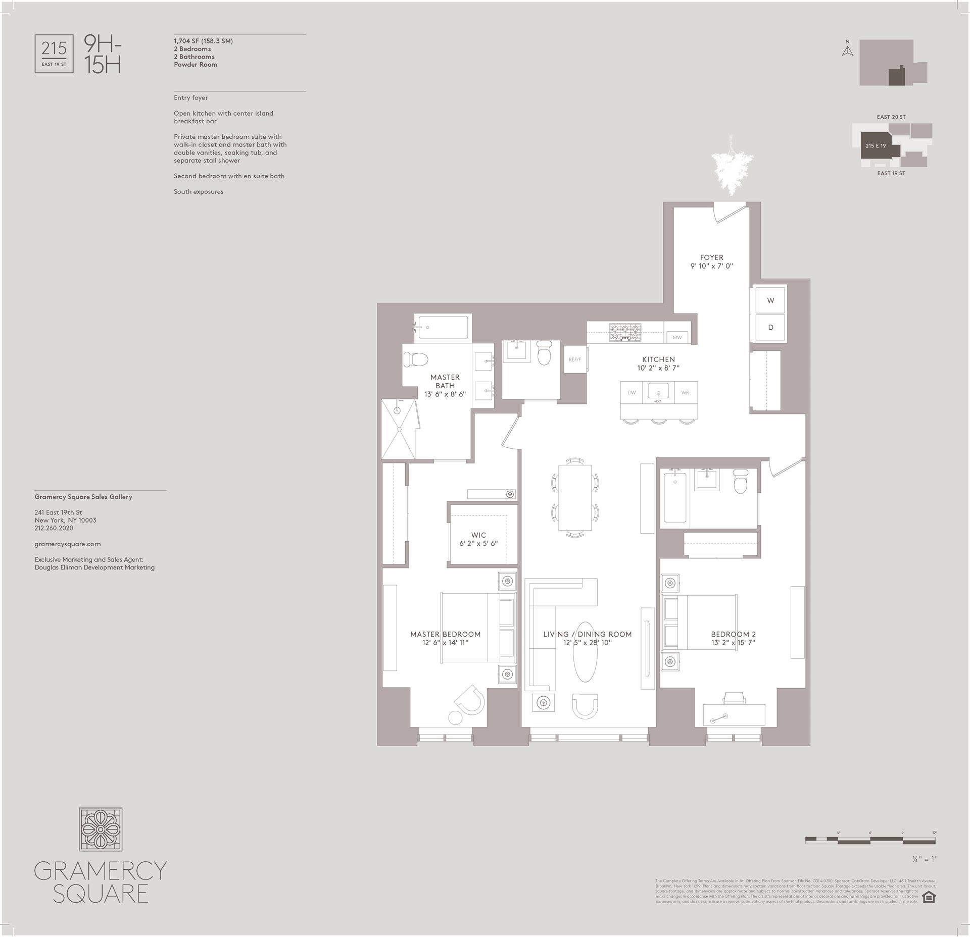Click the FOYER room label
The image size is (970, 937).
[711, 257]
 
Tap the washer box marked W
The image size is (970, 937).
[770, 300]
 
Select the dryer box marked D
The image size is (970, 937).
[770, 327]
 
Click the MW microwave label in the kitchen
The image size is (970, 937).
[677, 337]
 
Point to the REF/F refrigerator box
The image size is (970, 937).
[574, 359]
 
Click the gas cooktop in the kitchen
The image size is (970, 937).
[624, 332]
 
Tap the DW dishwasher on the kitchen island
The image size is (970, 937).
[632, 392]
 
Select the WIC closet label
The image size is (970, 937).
[478, 535]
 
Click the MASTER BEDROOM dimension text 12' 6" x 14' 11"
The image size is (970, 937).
[446, 643]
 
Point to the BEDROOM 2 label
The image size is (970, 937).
[733, 634]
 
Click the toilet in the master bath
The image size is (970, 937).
[415, 359]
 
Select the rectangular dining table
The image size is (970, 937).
[575, 497]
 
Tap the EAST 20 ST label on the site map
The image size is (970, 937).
[891, 117]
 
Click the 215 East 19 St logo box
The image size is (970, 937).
[54, 54]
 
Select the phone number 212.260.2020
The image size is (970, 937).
[54, 528]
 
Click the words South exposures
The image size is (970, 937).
[198, 192]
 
